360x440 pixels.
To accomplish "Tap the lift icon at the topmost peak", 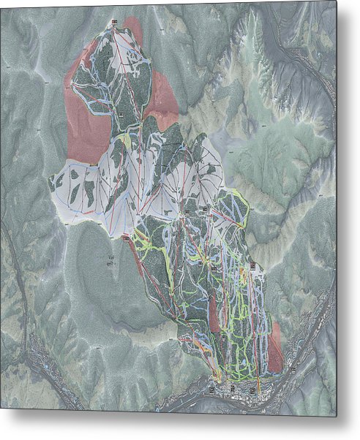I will [x=115, y=24].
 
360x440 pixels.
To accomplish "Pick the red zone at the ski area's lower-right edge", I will [x=275, y=349].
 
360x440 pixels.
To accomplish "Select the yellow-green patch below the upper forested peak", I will [x=126, y=140].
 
